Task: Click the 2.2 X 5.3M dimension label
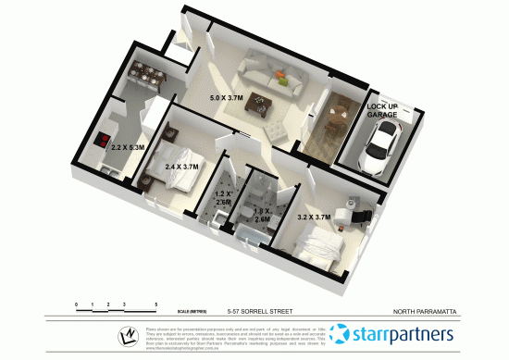(127, 146)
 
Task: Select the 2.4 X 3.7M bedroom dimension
(182, 168)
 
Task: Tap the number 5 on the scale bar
(156, 304)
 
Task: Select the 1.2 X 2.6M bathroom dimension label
(222, 197)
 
